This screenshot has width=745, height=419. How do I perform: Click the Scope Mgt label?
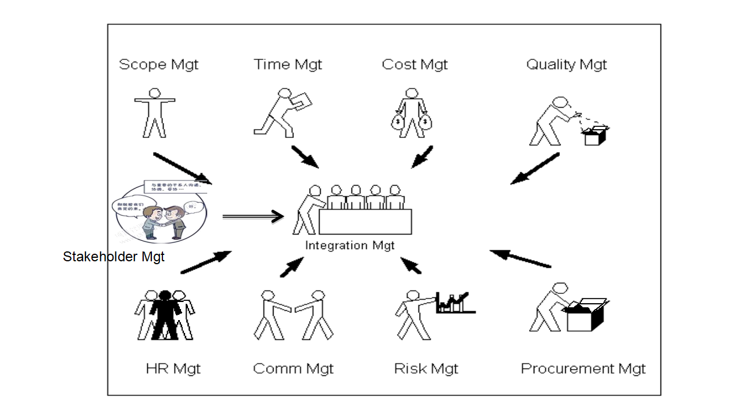point(158,65)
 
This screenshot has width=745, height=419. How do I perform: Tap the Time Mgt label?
point(288,65)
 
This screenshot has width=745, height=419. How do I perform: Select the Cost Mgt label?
point(414,65)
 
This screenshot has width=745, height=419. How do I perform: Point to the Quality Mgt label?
point(566,65)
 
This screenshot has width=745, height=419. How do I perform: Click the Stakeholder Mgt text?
point(113,257)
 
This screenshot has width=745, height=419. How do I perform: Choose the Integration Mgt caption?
point(350,246)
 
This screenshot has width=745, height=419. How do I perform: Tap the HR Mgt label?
point(173,368)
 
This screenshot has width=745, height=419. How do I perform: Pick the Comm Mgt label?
point(293,368)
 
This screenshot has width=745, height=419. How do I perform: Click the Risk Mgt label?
point(426,368)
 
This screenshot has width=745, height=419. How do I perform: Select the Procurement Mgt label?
point(583,368)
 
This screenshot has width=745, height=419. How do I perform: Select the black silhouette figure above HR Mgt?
point(165,314)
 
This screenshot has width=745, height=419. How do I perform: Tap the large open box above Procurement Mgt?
point(585,315)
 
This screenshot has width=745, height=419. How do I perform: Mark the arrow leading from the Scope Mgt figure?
point(182,168)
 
